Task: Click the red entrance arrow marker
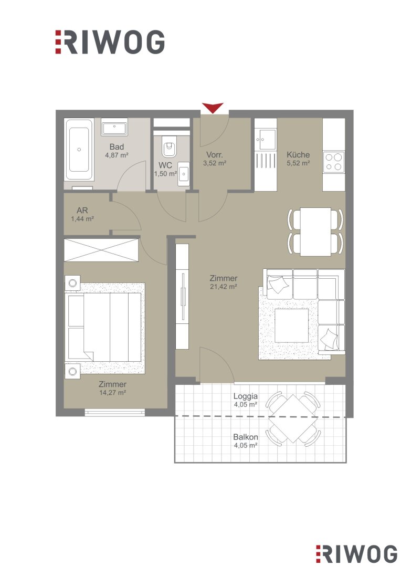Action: [x=213, y=108]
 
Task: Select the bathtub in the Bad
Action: [x=79, y=150]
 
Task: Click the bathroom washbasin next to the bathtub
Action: [x=114, y=127]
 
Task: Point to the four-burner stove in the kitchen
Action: [x=333, y=162]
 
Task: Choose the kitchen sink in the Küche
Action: [x=266, y=139]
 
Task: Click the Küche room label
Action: [x=298, y=155]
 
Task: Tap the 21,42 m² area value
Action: [x=224, y=287]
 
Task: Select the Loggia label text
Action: [x=246, y=396]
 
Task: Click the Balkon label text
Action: [x=246, y=437]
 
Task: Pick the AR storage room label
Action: [x=82, y=210]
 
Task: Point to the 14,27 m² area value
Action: [x=112, y=392]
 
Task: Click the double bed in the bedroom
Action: [x=104, y=327]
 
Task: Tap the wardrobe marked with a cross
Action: [x=102, y=249]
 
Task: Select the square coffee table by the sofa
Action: [x=292, y=325]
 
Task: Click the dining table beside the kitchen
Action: [x=315, y=232]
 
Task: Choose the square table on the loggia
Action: [x=293, y=418]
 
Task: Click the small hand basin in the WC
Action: [x=184, y=175]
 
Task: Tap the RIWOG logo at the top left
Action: [x=110, y=42]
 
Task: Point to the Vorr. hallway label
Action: [x=215, y=155]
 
